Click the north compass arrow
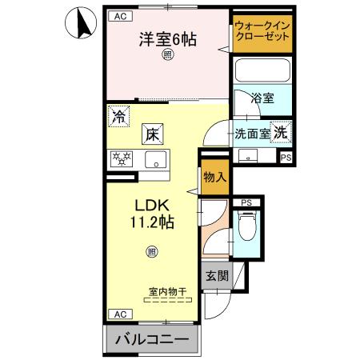[x=81, y=23]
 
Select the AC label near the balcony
[x=118, y=314]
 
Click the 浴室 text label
[x=262, y=98]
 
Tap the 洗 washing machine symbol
[x=281, y=133]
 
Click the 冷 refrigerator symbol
[x=119, y=117]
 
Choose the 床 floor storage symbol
[x=153, y=134]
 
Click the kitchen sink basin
[x=154, y=157]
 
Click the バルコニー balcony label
[x=151, y=340]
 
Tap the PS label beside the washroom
[x=285, y=158]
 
